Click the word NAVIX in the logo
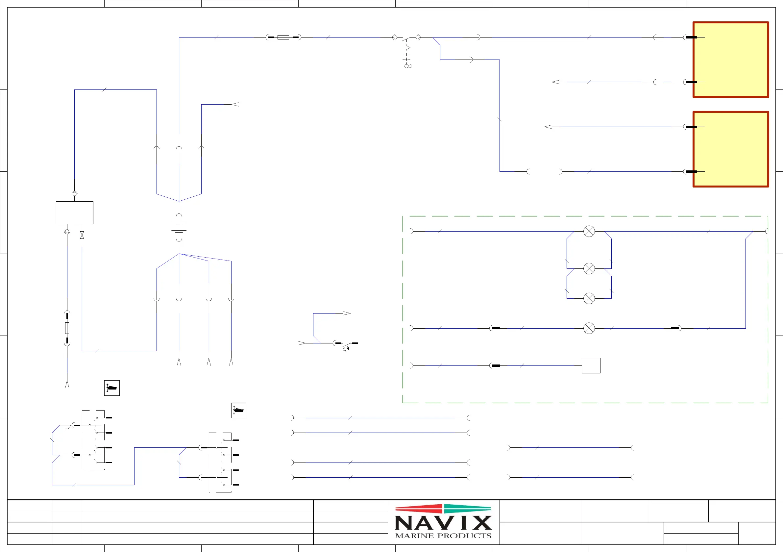pyautogui.click(x=443, y=522)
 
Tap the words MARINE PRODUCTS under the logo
pyautogui.click(x=443, y=536)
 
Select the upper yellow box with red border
pyautogui.click(x=730, y=60)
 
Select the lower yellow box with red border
pyautogui.click(x=730, y=149)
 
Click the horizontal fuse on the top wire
pyautogui.click(x=283, y=37)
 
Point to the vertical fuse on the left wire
pyautogui.click(x=67, y=328)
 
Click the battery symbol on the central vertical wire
pyautogui.click(x=179, y=227)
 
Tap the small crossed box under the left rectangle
pyautogui.click(x=82, y=235)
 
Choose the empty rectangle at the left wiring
pyautogui.click(x=74, y=213)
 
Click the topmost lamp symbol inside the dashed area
pyautogui.click(x=589, y=231)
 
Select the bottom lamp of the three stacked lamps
pyautogui.click(x=589, y=298)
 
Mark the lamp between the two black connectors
pyautogui.click(x=589, y=328)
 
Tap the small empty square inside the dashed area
pyautogui.click(x=591, y=365)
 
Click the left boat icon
pyautogui.click(x=112, y=388)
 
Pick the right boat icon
pyautogui.click(x=239, y=411)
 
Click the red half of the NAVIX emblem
pyautogui.click(x=419, y=509)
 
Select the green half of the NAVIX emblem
pyautogui.click(x=467, y=509)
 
